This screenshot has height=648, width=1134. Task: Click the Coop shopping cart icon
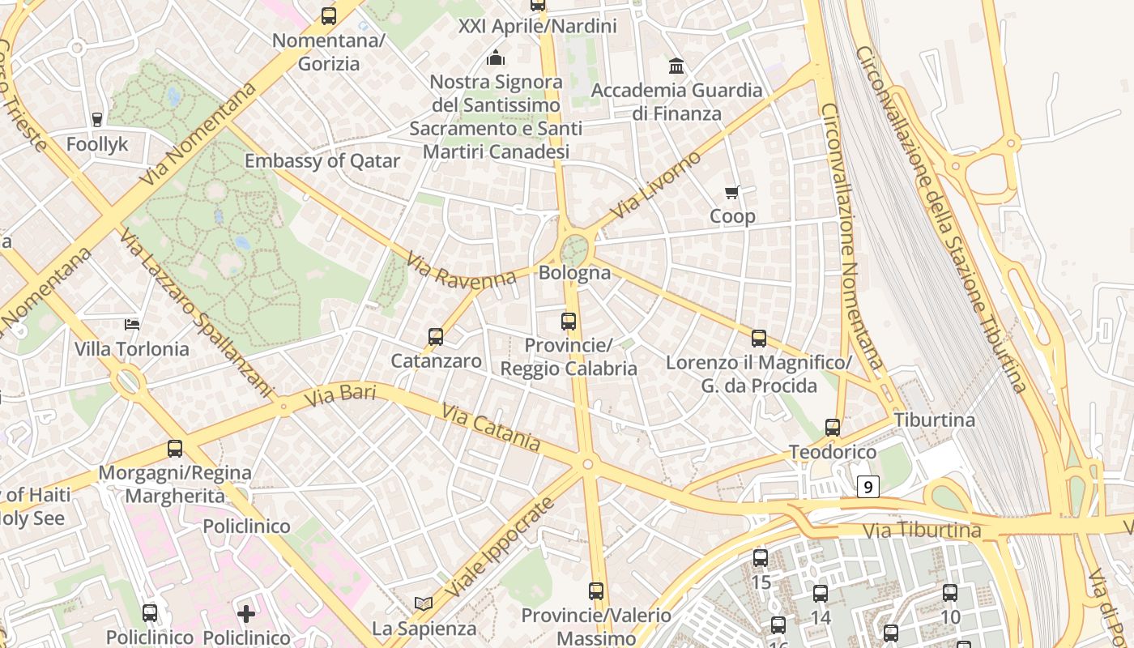click(732, 192)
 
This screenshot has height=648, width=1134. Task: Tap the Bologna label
click(574, 272)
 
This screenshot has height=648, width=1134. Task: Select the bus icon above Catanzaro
click(436, 336)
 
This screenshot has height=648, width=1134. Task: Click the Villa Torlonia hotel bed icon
click(132, 325)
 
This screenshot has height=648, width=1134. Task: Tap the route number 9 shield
click(868, 487)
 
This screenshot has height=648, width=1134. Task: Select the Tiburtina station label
click(934, 420)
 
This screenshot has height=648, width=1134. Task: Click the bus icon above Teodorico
click(832, 427)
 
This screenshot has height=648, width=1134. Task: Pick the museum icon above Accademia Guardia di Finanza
click(676, 65)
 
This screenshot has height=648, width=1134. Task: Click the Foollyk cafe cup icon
click(97, 120)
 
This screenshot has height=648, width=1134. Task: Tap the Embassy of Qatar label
click(322, 160)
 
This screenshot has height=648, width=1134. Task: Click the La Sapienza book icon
click(423, 603)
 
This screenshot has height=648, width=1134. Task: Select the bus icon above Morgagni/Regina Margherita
click(174, 448)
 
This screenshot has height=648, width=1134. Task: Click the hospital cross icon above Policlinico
click(246, 613)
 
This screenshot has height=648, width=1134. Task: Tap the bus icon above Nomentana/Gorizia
click(328, 15)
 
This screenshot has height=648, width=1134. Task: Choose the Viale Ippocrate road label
click(500, 548)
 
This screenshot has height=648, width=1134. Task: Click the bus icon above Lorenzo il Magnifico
click(759, 338)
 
